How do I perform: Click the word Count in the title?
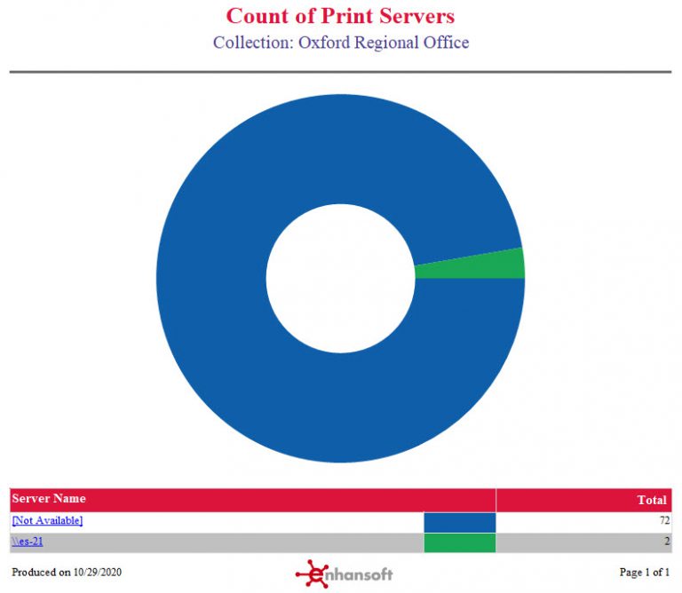click(258, 16)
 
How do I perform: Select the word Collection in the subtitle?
click(248, 43)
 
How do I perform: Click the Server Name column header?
click(49, 499)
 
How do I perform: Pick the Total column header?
click(652, 500)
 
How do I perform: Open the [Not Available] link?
click(47, 521)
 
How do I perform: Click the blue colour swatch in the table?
click(459, 522)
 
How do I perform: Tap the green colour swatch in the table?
click(459, 542)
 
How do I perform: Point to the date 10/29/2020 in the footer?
click(98, 573)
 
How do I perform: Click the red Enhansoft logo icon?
click(311, 573)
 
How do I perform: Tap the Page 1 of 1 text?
click(644, 573)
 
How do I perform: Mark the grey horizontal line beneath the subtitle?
click(340, 72)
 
